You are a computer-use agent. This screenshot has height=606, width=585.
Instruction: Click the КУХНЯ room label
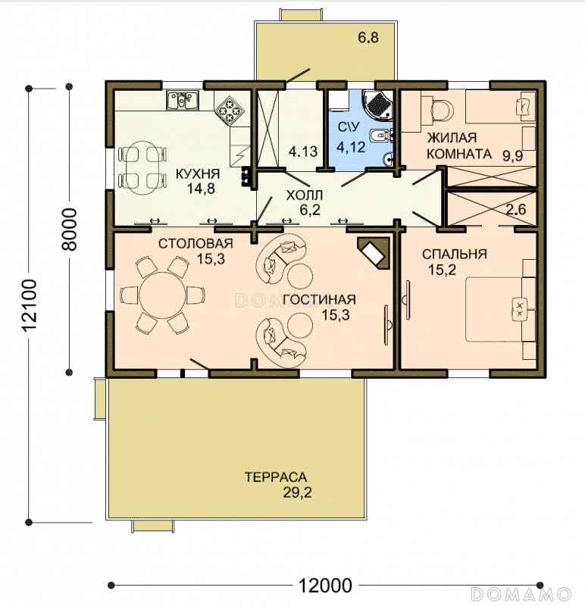click(198, 174)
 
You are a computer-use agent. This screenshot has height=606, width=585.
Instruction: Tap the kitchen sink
click(183, 100)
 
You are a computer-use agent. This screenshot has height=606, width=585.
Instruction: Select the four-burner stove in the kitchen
click(230, 111)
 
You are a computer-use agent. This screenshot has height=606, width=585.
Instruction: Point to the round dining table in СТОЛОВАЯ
click(163, 295)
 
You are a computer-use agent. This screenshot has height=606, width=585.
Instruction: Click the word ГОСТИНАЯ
click(319, 299)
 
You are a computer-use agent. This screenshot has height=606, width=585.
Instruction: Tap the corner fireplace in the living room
click(373, 253)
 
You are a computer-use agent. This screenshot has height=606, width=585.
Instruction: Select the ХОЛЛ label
click(305, 195)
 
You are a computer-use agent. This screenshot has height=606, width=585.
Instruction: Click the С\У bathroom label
click(349, 127)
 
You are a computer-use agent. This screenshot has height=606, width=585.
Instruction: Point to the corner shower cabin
click(377, 105)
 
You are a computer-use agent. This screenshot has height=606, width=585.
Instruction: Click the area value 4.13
click(303, 151)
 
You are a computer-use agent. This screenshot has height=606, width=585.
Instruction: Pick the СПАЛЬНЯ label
click(455, 255)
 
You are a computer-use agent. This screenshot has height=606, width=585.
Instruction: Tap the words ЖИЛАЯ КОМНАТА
click(459, 145)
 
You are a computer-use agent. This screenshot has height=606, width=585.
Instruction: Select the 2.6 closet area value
click(516, 209)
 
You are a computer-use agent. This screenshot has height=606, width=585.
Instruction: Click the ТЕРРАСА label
click(276, 477)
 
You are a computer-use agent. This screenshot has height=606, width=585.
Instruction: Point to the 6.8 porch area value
click(368, 37)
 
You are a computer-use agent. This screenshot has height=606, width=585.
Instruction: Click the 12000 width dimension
click(326, 586)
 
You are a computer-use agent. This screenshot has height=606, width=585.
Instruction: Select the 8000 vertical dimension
click(70, 230)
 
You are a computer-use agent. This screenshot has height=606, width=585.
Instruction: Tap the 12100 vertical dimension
click(29, 305)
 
